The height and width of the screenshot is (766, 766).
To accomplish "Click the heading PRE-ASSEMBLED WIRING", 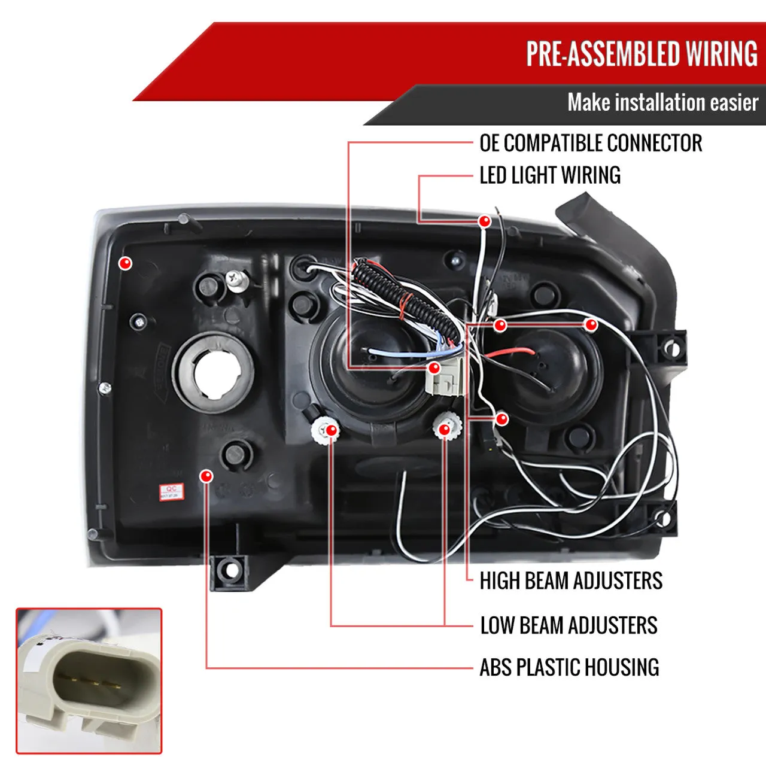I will pyautogui.click(x=642, y=54).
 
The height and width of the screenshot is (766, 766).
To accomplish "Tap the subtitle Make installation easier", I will pyautogui.click(x=662, y=102).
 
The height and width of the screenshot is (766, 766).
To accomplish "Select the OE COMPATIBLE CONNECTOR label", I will pyautogui.click(x=591, y=144).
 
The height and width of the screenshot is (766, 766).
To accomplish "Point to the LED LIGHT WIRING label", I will pyautogui.click(x=550, y=175).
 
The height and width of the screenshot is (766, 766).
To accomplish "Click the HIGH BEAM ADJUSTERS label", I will pyautogui.click(x=571, y=580).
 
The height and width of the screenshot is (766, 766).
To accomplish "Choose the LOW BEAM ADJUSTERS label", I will pyautogui.click(x=569, y=625).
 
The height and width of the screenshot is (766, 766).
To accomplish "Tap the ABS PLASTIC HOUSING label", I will pyautogui.click(x=569, y=667).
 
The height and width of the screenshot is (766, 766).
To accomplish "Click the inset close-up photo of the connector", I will pyautogui.click(x=89, y=681).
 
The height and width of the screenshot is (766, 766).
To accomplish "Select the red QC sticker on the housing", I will pyautogui.click(x=171, y=493).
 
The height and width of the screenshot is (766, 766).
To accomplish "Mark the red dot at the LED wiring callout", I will pyautogui.click(x=485, y=221).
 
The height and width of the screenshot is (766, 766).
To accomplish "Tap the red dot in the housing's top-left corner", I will pyautogui.click(x=125, y=262).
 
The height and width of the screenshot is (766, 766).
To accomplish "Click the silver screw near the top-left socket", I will pyautogui.click(x=236, y=279).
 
